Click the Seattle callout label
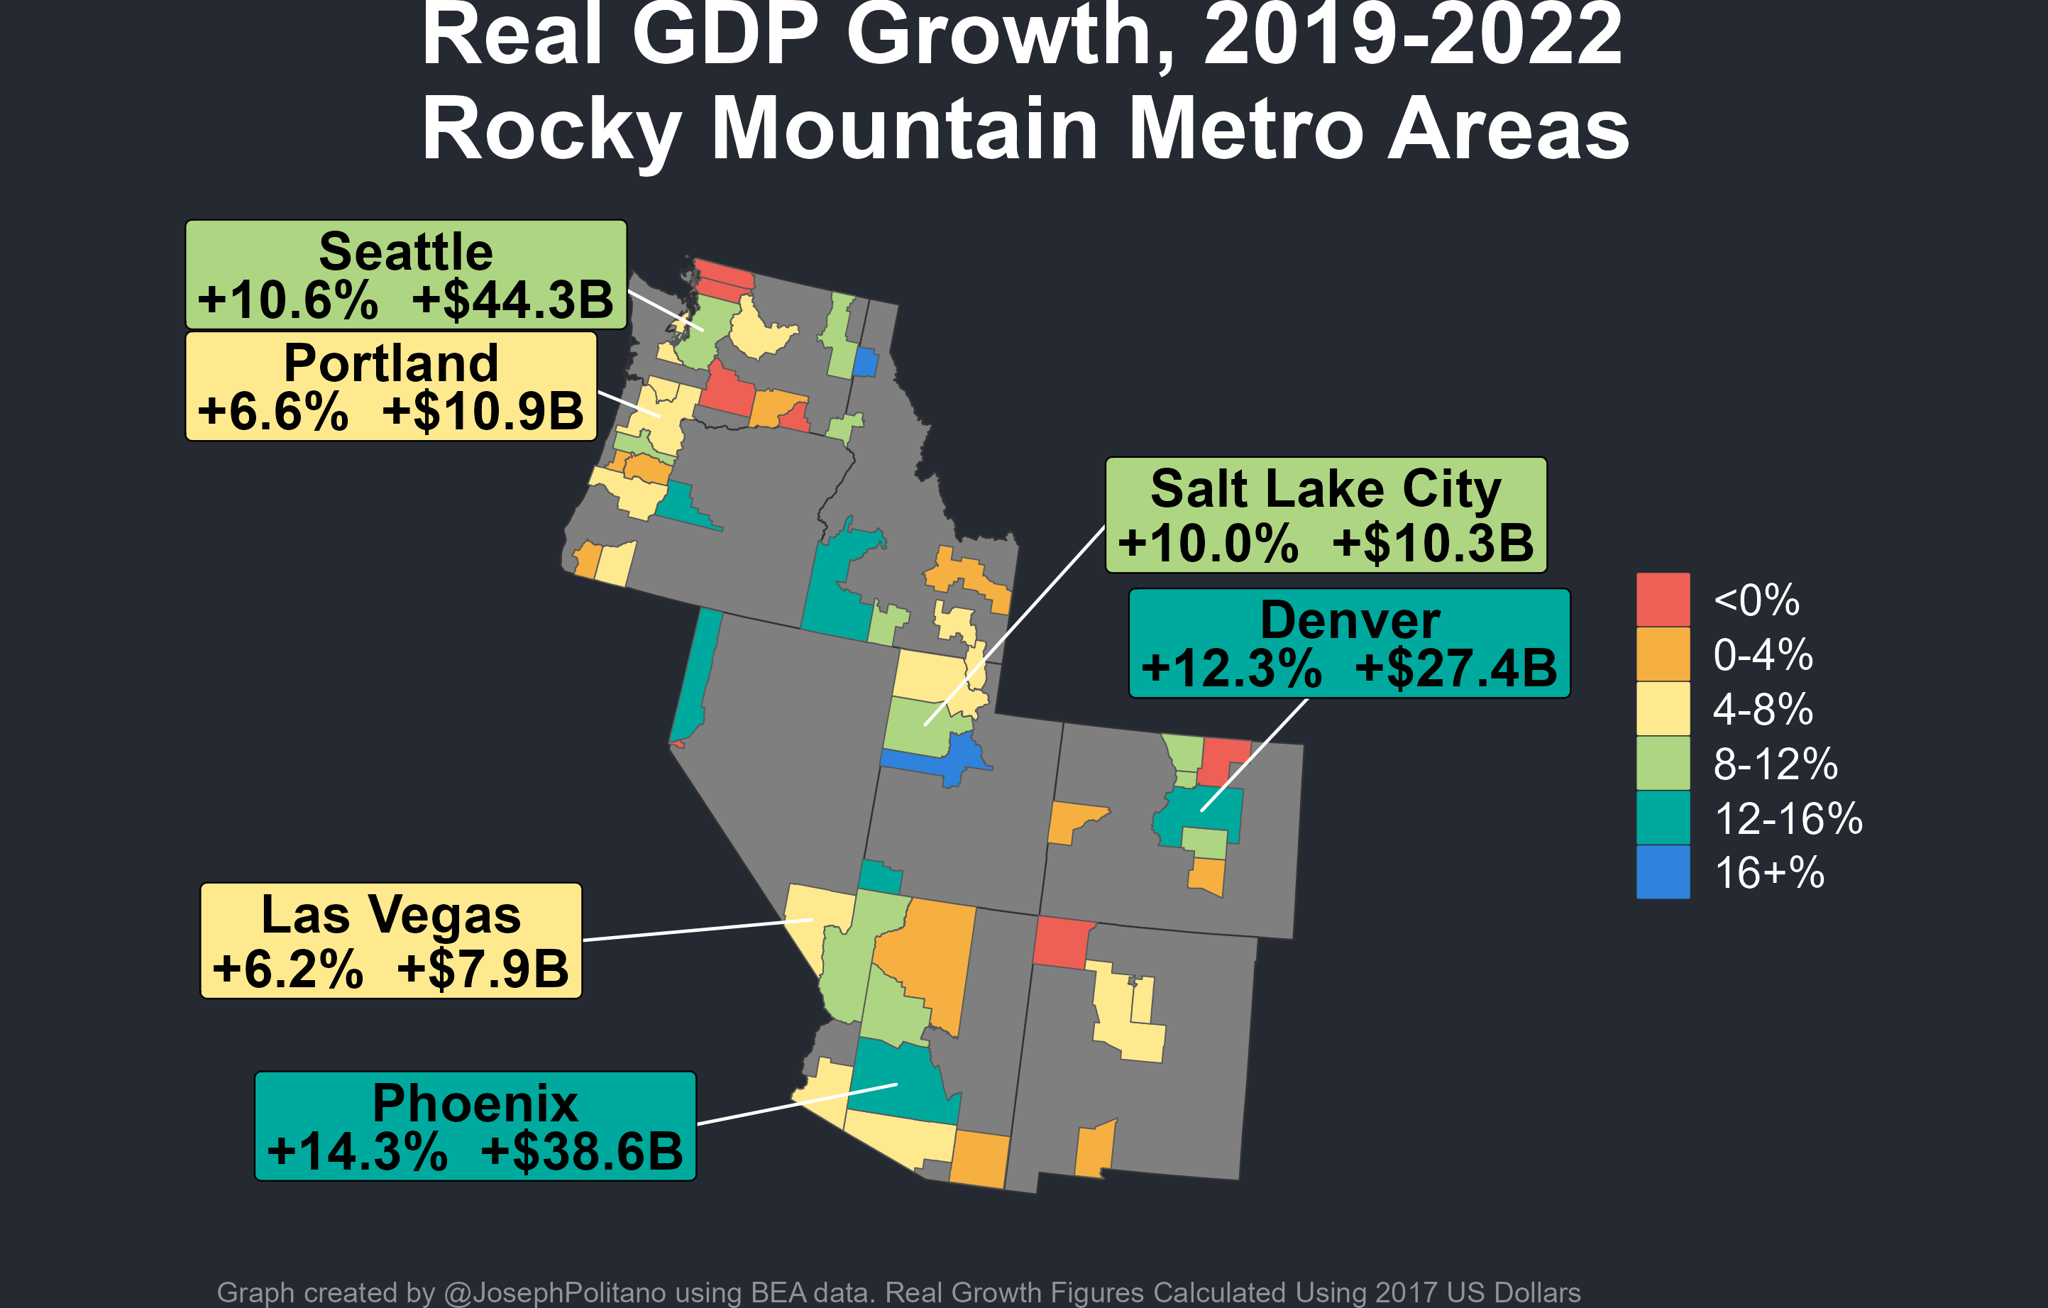(406, 274)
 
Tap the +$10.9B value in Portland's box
(483, 412)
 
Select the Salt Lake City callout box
(1325, 515)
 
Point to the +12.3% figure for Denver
(1231, 669)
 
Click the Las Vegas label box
(390, 940)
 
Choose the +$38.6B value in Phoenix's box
(582, 1153)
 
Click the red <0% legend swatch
(1663, 600)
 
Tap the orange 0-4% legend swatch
(1663, 654)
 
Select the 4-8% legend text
(1762, 709)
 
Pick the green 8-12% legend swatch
(1663, 764)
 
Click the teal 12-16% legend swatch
(1663, 818)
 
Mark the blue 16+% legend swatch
(1663, 872)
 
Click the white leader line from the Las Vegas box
(698, 930)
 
